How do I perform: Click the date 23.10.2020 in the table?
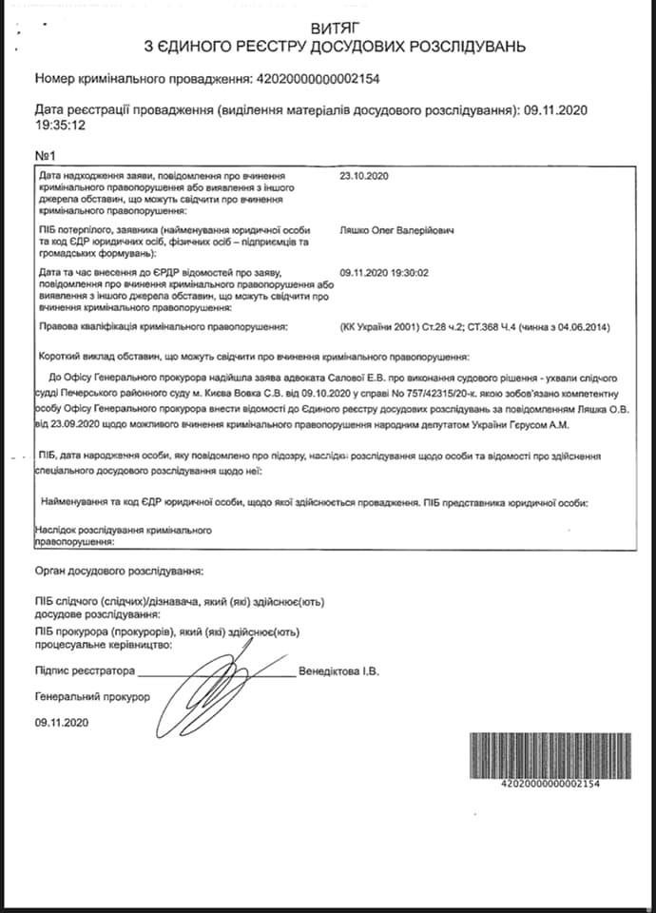click(x=364, y=177)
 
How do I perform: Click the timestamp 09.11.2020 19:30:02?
click(x=397, y=272)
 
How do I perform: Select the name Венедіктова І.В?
click(x=338, y=671)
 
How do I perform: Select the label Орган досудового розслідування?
click(x=118, y=571)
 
